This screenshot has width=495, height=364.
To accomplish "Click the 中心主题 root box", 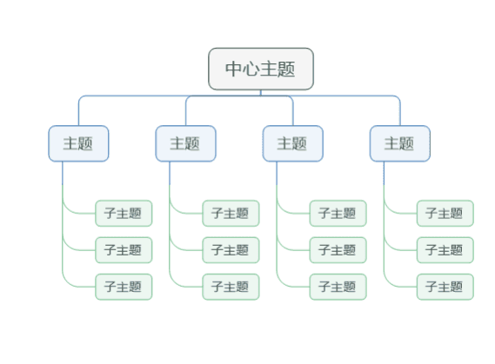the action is pyautogui.click(x=261, y=69).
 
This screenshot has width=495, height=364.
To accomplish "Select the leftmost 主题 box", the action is pyautogui.click(x=78, y=143).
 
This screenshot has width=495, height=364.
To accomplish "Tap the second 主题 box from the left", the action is pyautogui.click(x=185, y=143).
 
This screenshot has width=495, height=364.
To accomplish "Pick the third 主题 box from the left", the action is pyautogui.click(x=293, y=143).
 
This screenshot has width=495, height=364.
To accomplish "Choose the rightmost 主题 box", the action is pyautogui.click(x=400, y=143).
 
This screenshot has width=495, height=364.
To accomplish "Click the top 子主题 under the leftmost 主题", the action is pyautogui.click(x=124, y=214).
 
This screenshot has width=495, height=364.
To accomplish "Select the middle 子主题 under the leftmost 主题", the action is pyautogui.click(x=124, y=250).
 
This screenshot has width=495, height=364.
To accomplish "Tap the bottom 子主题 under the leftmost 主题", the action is pyautogui.click(x=124, y=287).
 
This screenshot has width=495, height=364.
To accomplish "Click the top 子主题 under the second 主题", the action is pyautogui.click(x=231, y=214).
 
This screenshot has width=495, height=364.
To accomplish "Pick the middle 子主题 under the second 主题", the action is pyautogui.click(x=231, y=250).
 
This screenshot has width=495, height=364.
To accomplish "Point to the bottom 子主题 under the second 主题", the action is pyautogui.click(x=231, y=287).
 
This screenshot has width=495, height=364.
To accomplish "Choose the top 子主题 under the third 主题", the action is pyautogui.click(x=338, y=214).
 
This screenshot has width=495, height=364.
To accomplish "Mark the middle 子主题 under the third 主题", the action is pyautogui.click(x=338, y=250).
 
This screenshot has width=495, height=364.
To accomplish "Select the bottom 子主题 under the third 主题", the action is pyautogui.click(x=338, y=287).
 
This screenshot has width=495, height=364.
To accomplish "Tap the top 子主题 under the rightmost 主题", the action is pyautogui.click(x=445, y=214).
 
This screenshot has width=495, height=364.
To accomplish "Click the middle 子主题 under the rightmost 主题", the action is pyautogui.click(x=445, y=250).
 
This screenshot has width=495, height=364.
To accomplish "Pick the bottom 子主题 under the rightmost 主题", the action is pyautogui.click(x=445, y=287).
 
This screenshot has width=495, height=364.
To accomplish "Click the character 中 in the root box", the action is pyautogui.click(x=234, y=69).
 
